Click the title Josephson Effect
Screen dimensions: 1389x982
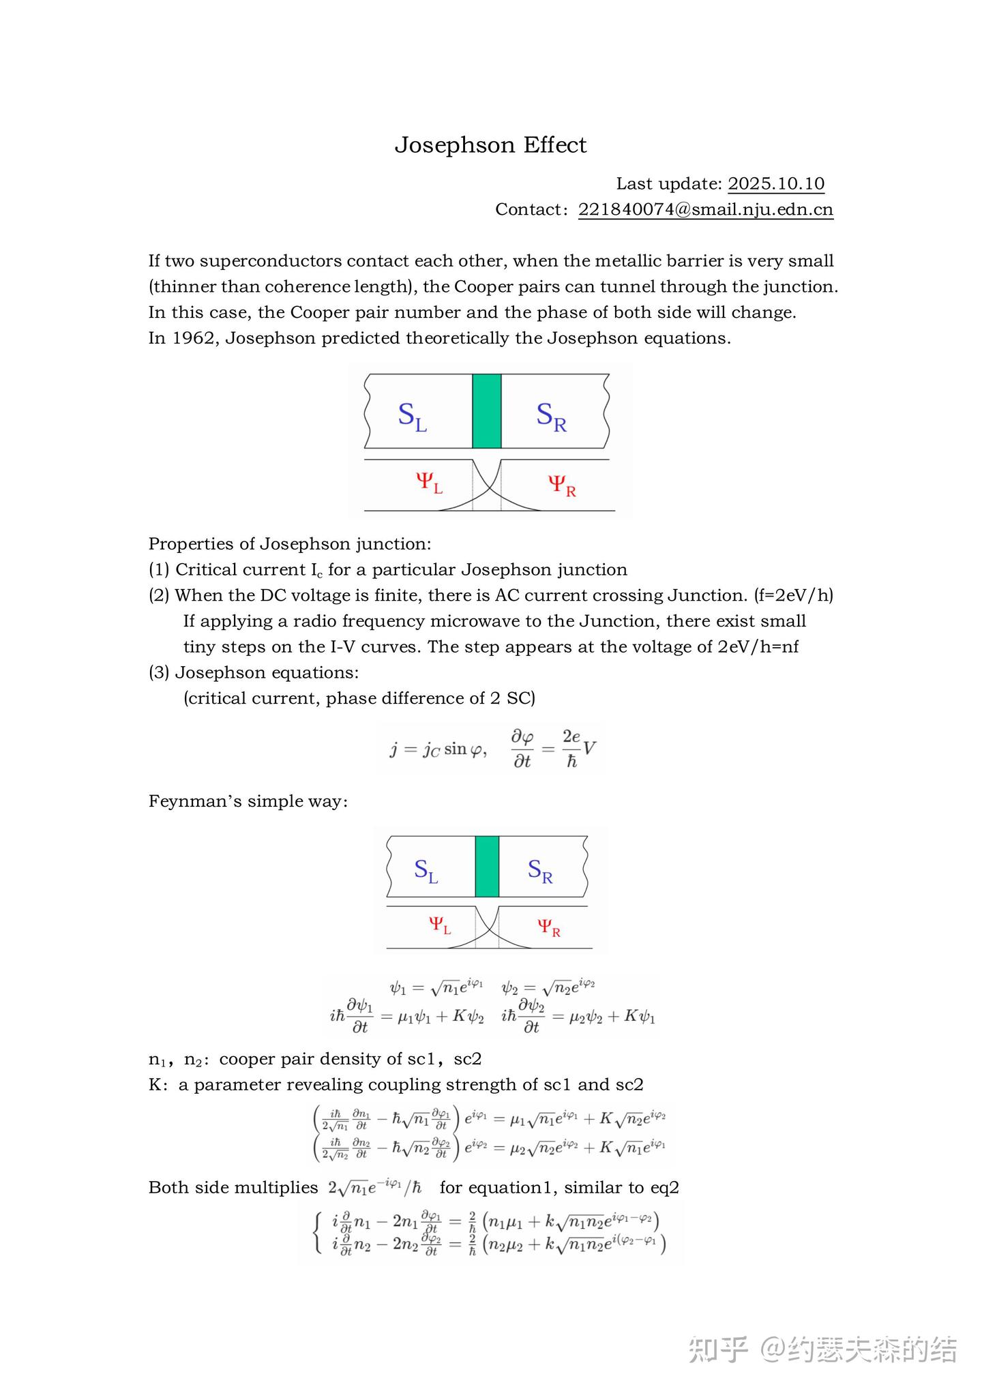click(x=490, y=145)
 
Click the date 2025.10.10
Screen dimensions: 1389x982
click(x=776, y=183)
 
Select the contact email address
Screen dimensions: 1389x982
click(x=706, y=209)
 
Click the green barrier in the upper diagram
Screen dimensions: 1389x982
click(x=486, y=410)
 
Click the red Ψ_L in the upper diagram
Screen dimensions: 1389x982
click(x=429, y=483)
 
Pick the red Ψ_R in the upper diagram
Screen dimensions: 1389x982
click(x=562, y=486)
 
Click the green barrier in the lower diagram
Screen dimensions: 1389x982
click(x=487, y=866)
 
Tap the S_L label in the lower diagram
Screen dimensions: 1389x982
click(x=426, y=871)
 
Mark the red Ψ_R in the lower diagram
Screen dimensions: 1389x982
click(x=548, y=927)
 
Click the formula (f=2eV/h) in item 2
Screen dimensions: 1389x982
click(x=793, y=595)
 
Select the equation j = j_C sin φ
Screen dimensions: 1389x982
click(x=438, y=749)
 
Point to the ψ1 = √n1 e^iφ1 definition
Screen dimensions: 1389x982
click(x=436, y=987)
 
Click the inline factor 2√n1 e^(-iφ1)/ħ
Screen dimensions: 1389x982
click(x=375, y=1188)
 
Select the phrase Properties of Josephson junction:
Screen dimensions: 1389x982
click(x=290, y=544)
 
